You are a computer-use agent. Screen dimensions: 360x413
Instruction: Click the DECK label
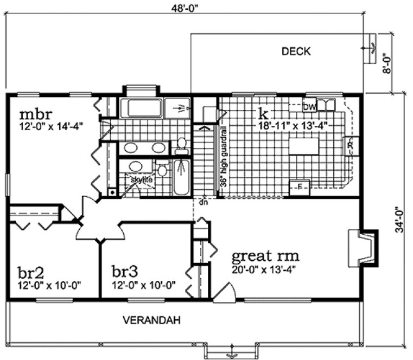pyautogui.click(x=296, y=52)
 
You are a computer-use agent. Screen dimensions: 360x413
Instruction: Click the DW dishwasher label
pyautogui.click(x=309, y=105)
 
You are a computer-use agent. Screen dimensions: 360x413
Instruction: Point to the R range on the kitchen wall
pyautogui.click(x=350, y=146)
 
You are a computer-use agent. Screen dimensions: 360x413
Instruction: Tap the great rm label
pyautogui.click(x=265, y=255)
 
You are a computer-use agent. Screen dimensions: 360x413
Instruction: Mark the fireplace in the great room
pyautogui.click(x=361, y=247)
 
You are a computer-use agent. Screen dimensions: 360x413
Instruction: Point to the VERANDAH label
pyautogui.click(x=144, y=319)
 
